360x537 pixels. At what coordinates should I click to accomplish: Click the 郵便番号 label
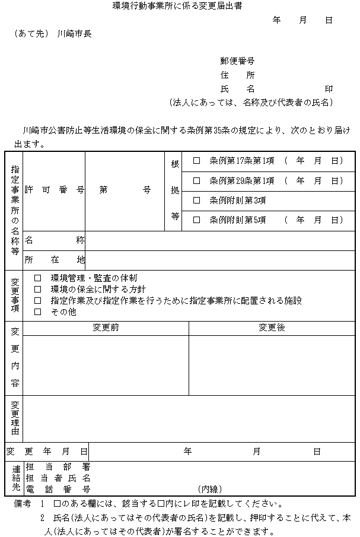pyautogui.click(x=237, y=61)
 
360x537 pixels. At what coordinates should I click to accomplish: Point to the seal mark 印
pyautogui.click(x=329, y=89)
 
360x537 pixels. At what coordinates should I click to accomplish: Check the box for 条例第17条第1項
pyautogui.click(x=197, y=161)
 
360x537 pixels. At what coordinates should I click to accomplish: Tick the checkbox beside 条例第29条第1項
pyautogui.click(x=197, y=180)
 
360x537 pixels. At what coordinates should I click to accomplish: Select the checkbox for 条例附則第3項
pyautogui.click(x=197, y=201)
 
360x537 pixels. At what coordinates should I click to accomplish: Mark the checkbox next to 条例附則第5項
pyautogui.click(x=197, y=220)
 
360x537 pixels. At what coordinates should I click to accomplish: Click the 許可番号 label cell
pyautogui.click(x=54, y=190)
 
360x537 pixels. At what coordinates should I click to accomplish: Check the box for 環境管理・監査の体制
pyautogui.click(x=38, y=278)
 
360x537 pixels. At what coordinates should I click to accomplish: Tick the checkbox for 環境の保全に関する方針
pyautogui.click(x=38, y=289)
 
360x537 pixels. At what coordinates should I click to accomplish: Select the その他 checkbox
pyautogui.click(x=38, y=312)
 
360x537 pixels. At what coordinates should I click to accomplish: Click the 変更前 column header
pyautogui.click(x=106, y=328)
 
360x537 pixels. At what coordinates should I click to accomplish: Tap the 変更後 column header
pyautogui.click(x=272, y=328)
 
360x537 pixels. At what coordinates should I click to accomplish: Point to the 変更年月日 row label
pyautogui.click(x=47, y=452)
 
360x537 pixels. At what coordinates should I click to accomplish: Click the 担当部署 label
pyautogui.click(x=58, y=467)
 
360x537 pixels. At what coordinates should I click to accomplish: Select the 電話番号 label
pyautogui.click(x=58, y=489)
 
